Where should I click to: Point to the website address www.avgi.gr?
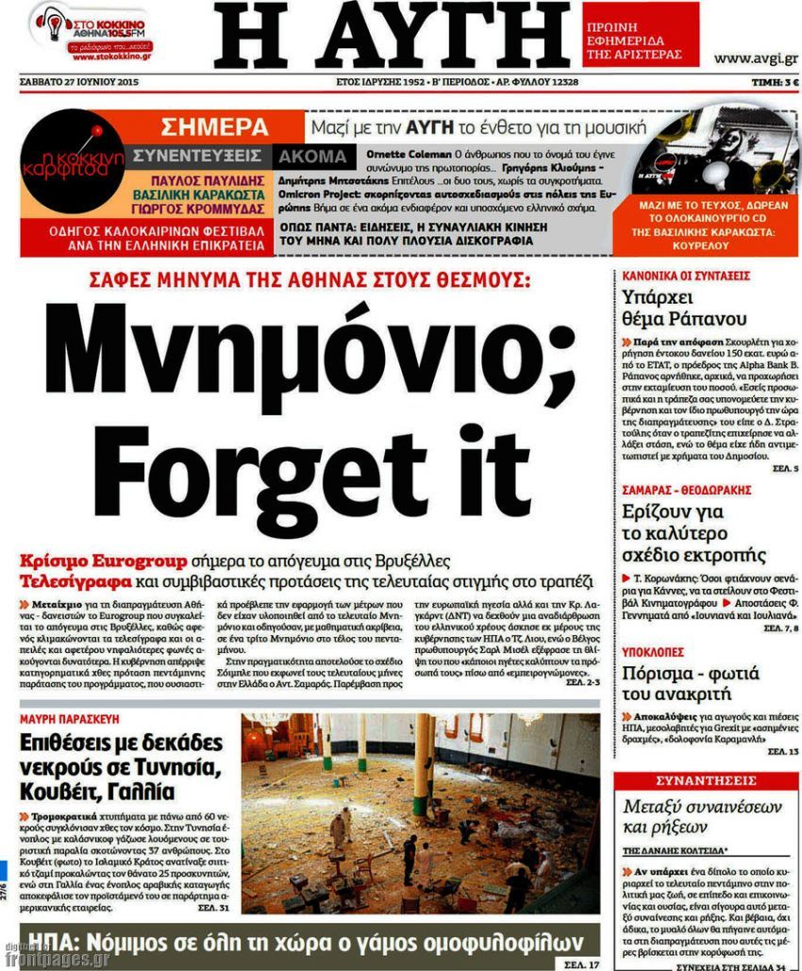756,59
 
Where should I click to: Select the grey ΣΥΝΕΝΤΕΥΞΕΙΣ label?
199,156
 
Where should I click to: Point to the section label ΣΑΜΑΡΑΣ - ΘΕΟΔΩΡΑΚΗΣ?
687,490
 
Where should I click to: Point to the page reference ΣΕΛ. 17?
582,964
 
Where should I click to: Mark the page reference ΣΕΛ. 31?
212,908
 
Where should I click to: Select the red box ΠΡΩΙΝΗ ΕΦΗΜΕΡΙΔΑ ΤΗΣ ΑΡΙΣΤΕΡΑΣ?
641,34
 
